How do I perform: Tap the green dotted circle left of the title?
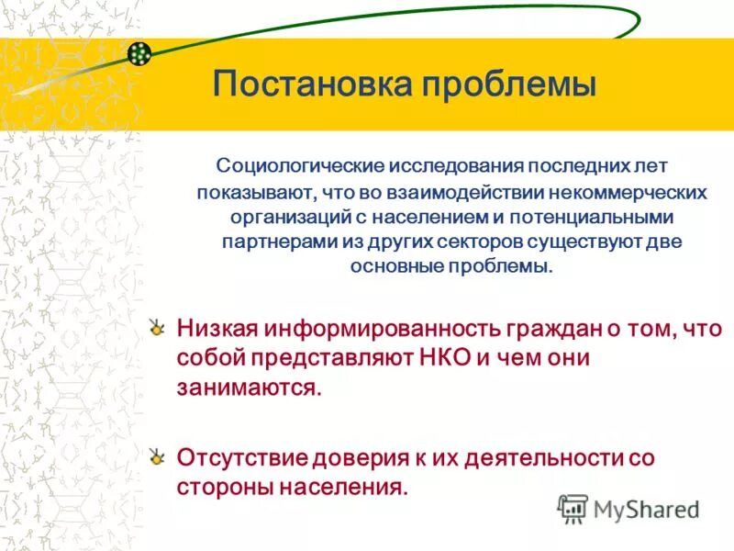coord(139,54)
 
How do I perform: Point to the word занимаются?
coord(249,388)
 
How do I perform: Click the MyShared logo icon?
coord(573,508)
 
